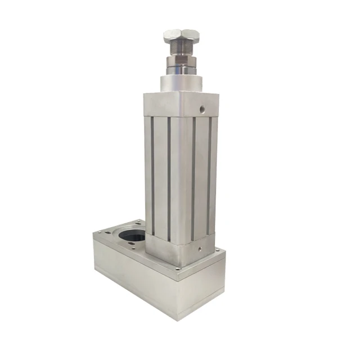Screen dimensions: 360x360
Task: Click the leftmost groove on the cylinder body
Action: click(151, 174)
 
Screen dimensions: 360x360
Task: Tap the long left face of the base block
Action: click(135, 276)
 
